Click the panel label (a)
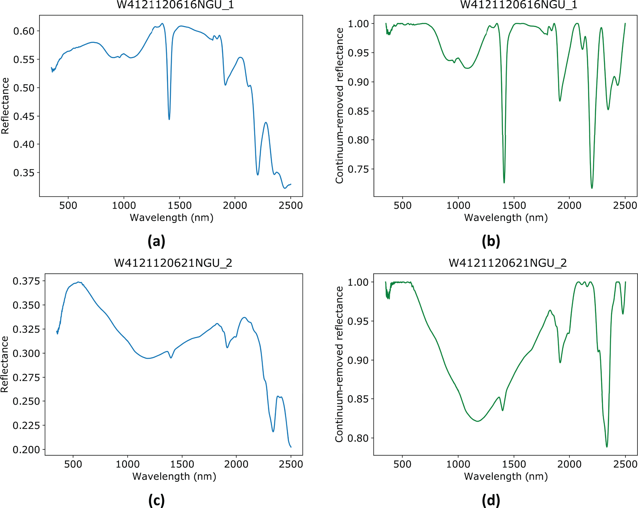pos(156,241)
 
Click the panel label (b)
pos(491,241)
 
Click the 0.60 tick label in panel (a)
pos(24,31)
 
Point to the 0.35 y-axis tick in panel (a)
pos(24,173)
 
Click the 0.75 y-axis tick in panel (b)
pos(358,169)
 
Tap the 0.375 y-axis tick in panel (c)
pos(26,281)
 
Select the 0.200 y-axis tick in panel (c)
pos(26,450)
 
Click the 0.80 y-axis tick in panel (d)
pos(358,438)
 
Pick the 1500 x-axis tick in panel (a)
pos(179,205)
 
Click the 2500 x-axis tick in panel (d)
pos(625,464)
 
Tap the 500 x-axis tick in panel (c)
pos(73,464)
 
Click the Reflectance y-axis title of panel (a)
pos(5,106)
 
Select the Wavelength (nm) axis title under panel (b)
pos(506,218)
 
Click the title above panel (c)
pos(173,263)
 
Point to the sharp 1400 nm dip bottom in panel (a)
pos(169,119)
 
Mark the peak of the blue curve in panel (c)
pos(79,282)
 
